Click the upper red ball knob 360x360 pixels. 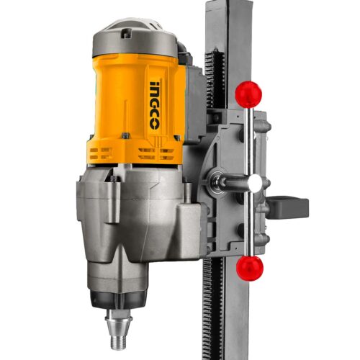coord(248,94)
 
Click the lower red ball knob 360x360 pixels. coord(250,269)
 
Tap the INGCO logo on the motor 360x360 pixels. coord(154,105)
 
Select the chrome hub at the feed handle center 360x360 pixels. coord(256,181)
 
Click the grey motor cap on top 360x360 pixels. coord(135,40)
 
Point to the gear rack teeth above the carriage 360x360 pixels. coord(213,77)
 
